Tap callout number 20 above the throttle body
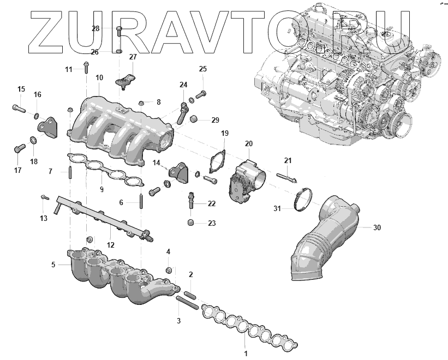tap(249, 144)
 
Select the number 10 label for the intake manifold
tap(99, 78)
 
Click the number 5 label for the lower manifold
tap(53, 265)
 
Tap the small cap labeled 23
tap(191, 223)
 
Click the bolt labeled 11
tap(86, 68)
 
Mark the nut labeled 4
tap(170, 269)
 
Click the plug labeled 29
tap(194, 120)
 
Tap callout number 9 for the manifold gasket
tap(101, 189)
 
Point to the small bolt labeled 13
tap(44, 199)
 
